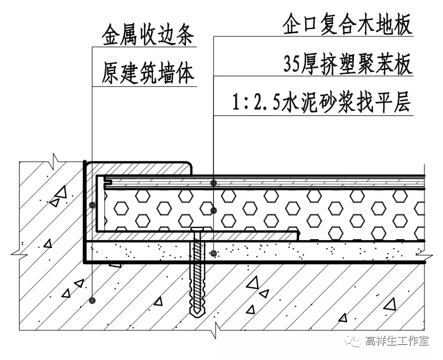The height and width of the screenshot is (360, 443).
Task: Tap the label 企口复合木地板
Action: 347,25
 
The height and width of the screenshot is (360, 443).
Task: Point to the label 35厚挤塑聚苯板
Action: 347,64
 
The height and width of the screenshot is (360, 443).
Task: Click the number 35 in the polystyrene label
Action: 293,65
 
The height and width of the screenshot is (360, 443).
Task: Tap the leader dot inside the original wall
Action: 92,301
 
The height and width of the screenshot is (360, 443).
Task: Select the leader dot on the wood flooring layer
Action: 214,183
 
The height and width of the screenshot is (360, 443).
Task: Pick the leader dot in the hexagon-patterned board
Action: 214,211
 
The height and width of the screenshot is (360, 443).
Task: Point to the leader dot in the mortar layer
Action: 214,253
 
